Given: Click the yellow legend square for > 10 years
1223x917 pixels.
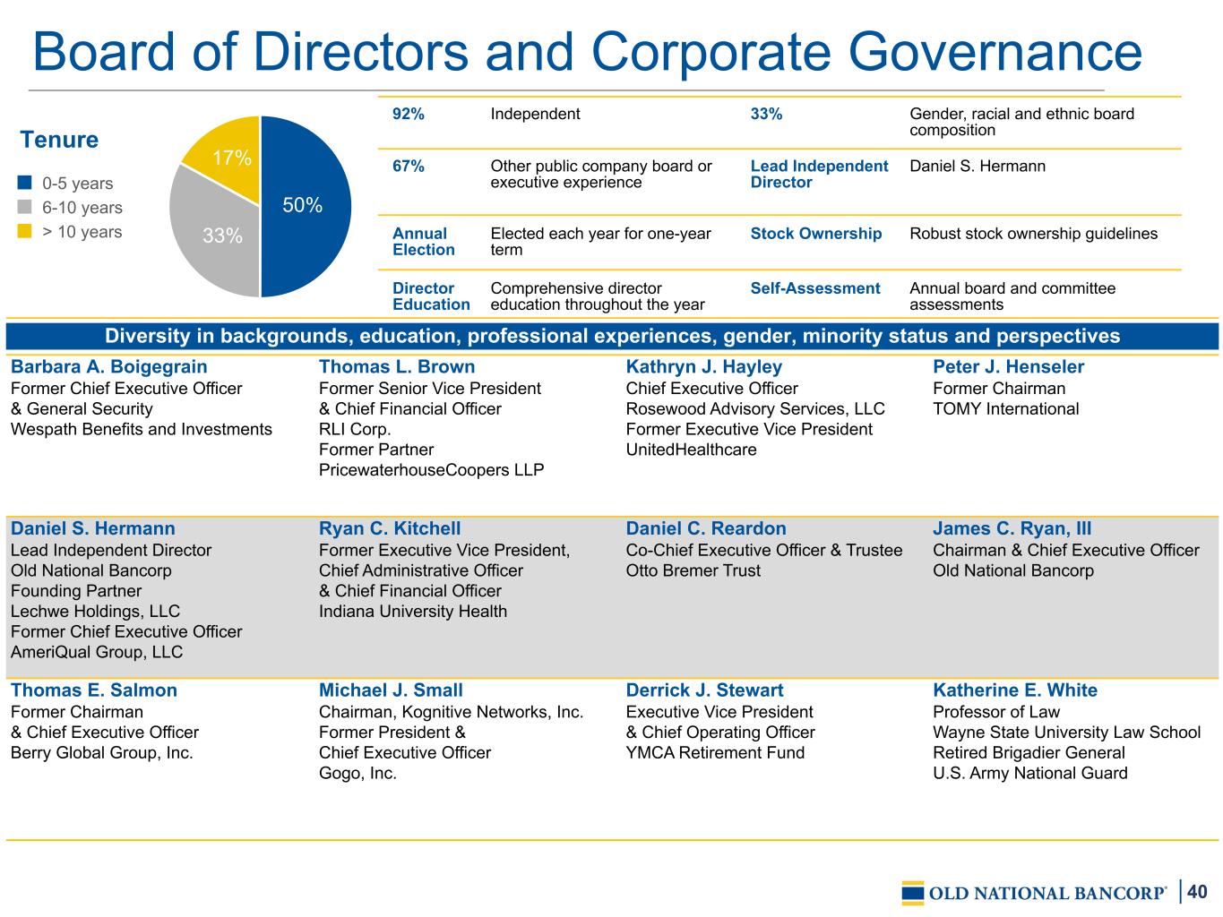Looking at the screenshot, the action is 24,231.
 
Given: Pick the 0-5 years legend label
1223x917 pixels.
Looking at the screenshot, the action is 77,184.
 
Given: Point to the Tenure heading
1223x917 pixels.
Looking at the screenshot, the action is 59,139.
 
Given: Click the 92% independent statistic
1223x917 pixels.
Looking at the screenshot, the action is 409,114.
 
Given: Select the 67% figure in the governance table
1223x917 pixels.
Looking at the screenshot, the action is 409,166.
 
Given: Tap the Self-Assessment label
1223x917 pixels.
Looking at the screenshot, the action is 815,288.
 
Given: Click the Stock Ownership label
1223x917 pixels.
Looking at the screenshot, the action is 816,234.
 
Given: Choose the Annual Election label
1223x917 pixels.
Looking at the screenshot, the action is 424,242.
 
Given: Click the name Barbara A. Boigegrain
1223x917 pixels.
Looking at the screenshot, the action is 109,367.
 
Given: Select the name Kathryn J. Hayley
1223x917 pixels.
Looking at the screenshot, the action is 704,367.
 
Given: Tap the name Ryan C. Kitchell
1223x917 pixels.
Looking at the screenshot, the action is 390,528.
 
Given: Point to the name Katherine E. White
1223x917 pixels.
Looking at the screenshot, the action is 1015,690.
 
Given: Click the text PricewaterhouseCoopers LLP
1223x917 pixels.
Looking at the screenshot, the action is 431,470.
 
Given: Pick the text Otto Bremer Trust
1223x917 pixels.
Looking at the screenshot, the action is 693,570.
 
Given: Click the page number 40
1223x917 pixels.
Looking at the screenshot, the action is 1197,892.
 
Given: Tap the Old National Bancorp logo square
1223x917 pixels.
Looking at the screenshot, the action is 913,893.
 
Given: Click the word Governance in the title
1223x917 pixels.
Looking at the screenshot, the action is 995,53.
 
